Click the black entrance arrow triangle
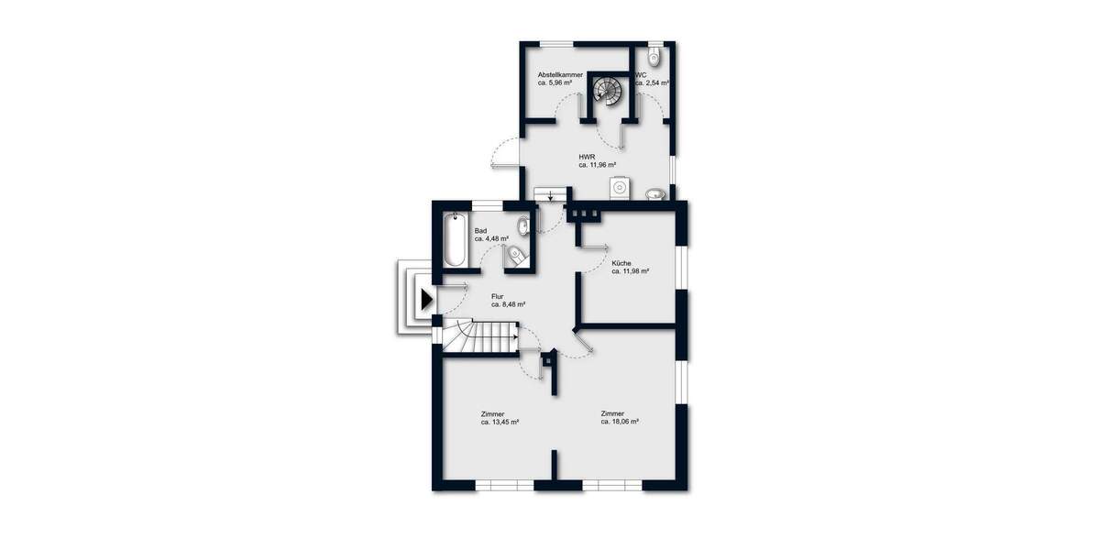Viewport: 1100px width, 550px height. (x=425, y=299)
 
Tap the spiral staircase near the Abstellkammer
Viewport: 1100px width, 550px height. (x=606, y=90)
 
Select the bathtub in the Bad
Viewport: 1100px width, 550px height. (x=456, y=240)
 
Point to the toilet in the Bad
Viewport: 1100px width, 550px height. (x=515, y=256)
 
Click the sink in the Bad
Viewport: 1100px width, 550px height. (x=522, y=225)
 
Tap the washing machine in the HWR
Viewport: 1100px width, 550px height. (x=621, y=187)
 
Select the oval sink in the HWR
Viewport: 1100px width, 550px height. (x=654, y=193)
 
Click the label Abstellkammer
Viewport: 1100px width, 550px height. (x=560, y=74)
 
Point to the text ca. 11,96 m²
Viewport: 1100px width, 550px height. (x=597, y=166)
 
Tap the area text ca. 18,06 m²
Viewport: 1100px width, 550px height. (x=620, y=423)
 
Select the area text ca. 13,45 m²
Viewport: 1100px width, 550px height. (x=500, y=423)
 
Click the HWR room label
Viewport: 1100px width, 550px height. (x=588, y=157)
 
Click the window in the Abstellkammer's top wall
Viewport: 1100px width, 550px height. (x=555, y=43)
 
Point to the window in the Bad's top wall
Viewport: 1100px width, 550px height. (x=487, y=203)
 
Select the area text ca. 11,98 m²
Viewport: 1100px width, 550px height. (x=630, y=271)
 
